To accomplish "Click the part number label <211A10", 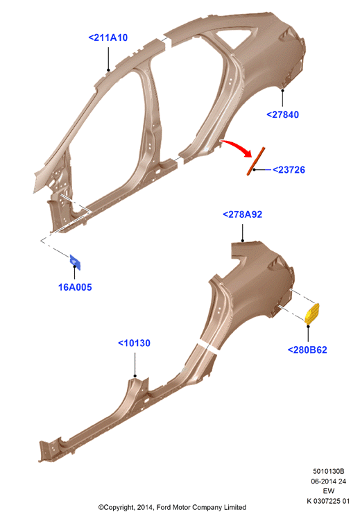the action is point(108,37).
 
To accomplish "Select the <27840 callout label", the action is point(282,114).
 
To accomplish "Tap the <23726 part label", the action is point(289,170).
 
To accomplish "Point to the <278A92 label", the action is point(243,214).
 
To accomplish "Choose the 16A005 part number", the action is point(75,287).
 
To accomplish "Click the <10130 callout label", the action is point(134,343).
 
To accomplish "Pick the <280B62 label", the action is point(307,350).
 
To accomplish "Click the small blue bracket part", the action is point(75,262).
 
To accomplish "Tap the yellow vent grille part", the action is point(312,314).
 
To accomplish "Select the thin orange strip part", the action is point(256,161).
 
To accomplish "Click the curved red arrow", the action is point(237,146).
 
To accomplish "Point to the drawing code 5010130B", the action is point(329,471).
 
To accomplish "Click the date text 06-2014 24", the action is point(329,481).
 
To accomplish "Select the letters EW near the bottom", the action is point(329,491).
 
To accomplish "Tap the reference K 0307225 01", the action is point(328,501).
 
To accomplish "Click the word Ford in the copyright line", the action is point(164,507).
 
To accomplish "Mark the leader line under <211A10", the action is point(108,58).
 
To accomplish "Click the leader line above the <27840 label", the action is point(282,98).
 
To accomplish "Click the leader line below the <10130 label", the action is point(135,365).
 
